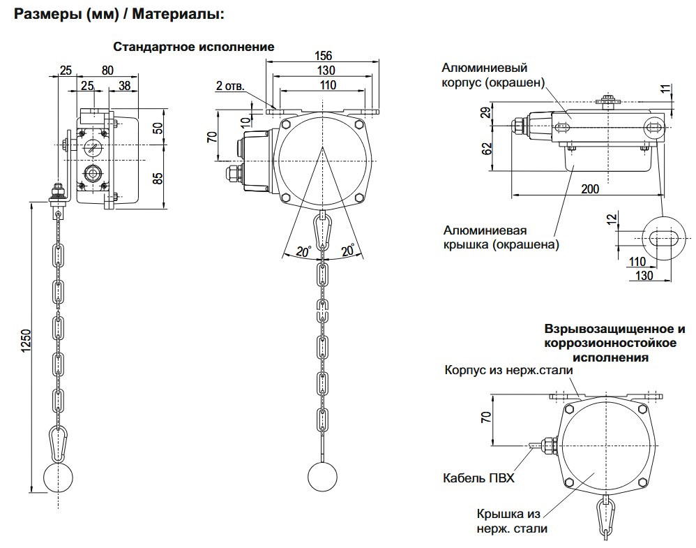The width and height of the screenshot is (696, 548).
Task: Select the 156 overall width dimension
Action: click(323, 56)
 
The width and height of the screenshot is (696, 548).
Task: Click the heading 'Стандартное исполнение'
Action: click(194, 46)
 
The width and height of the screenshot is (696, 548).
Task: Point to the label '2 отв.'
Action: click(229, 86)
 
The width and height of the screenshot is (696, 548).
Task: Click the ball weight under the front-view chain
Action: click(323, 477)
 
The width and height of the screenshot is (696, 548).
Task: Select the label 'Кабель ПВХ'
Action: click(478, 478)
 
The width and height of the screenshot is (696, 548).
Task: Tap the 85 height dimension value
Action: click(158, 178)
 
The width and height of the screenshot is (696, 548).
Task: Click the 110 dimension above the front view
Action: click(323, 85)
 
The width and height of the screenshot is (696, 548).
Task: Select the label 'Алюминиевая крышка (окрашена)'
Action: click(501, 237)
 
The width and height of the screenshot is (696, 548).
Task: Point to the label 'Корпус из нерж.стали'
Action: click(508, 370)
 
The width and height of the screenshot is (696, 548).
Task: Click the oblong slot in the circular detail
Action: click(665, 237)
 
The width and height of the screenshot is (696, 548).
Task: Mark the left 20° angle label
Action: click(301, 251)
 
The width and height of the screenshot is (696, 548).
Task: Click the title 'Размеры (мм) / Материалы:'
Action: click(119, 13)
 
